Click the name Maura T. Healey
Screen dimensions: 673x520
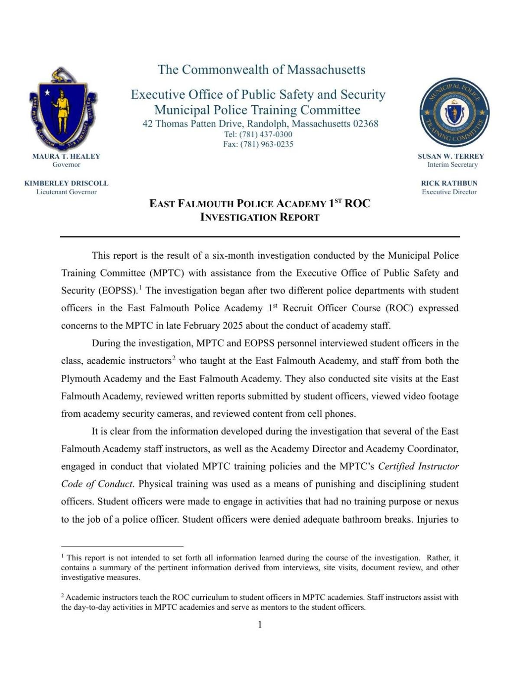(66, 156)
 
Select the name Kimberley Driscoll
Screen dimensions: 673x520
(66, 183)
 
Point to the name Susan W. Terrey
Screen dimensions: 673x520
(451, 156)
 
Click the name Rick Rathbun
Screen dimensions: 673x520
(449, 183)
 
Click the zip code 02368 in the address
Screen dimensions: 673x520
(365, 124)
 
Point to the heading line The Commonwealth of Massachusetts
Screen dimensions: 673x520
(261, 70)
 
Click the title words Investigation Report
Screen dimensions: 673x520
(260, 218)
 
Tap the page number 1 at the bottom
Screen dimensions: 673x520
(260, 624)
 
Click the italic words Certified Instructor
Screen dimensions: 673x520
(418, 466)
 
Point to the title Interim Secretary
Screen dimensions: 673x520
(452, 165)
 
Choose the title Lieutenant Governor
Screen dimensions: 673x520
(66, 192)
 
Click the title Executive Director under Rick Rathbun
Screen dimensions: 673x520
(449, 192)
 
